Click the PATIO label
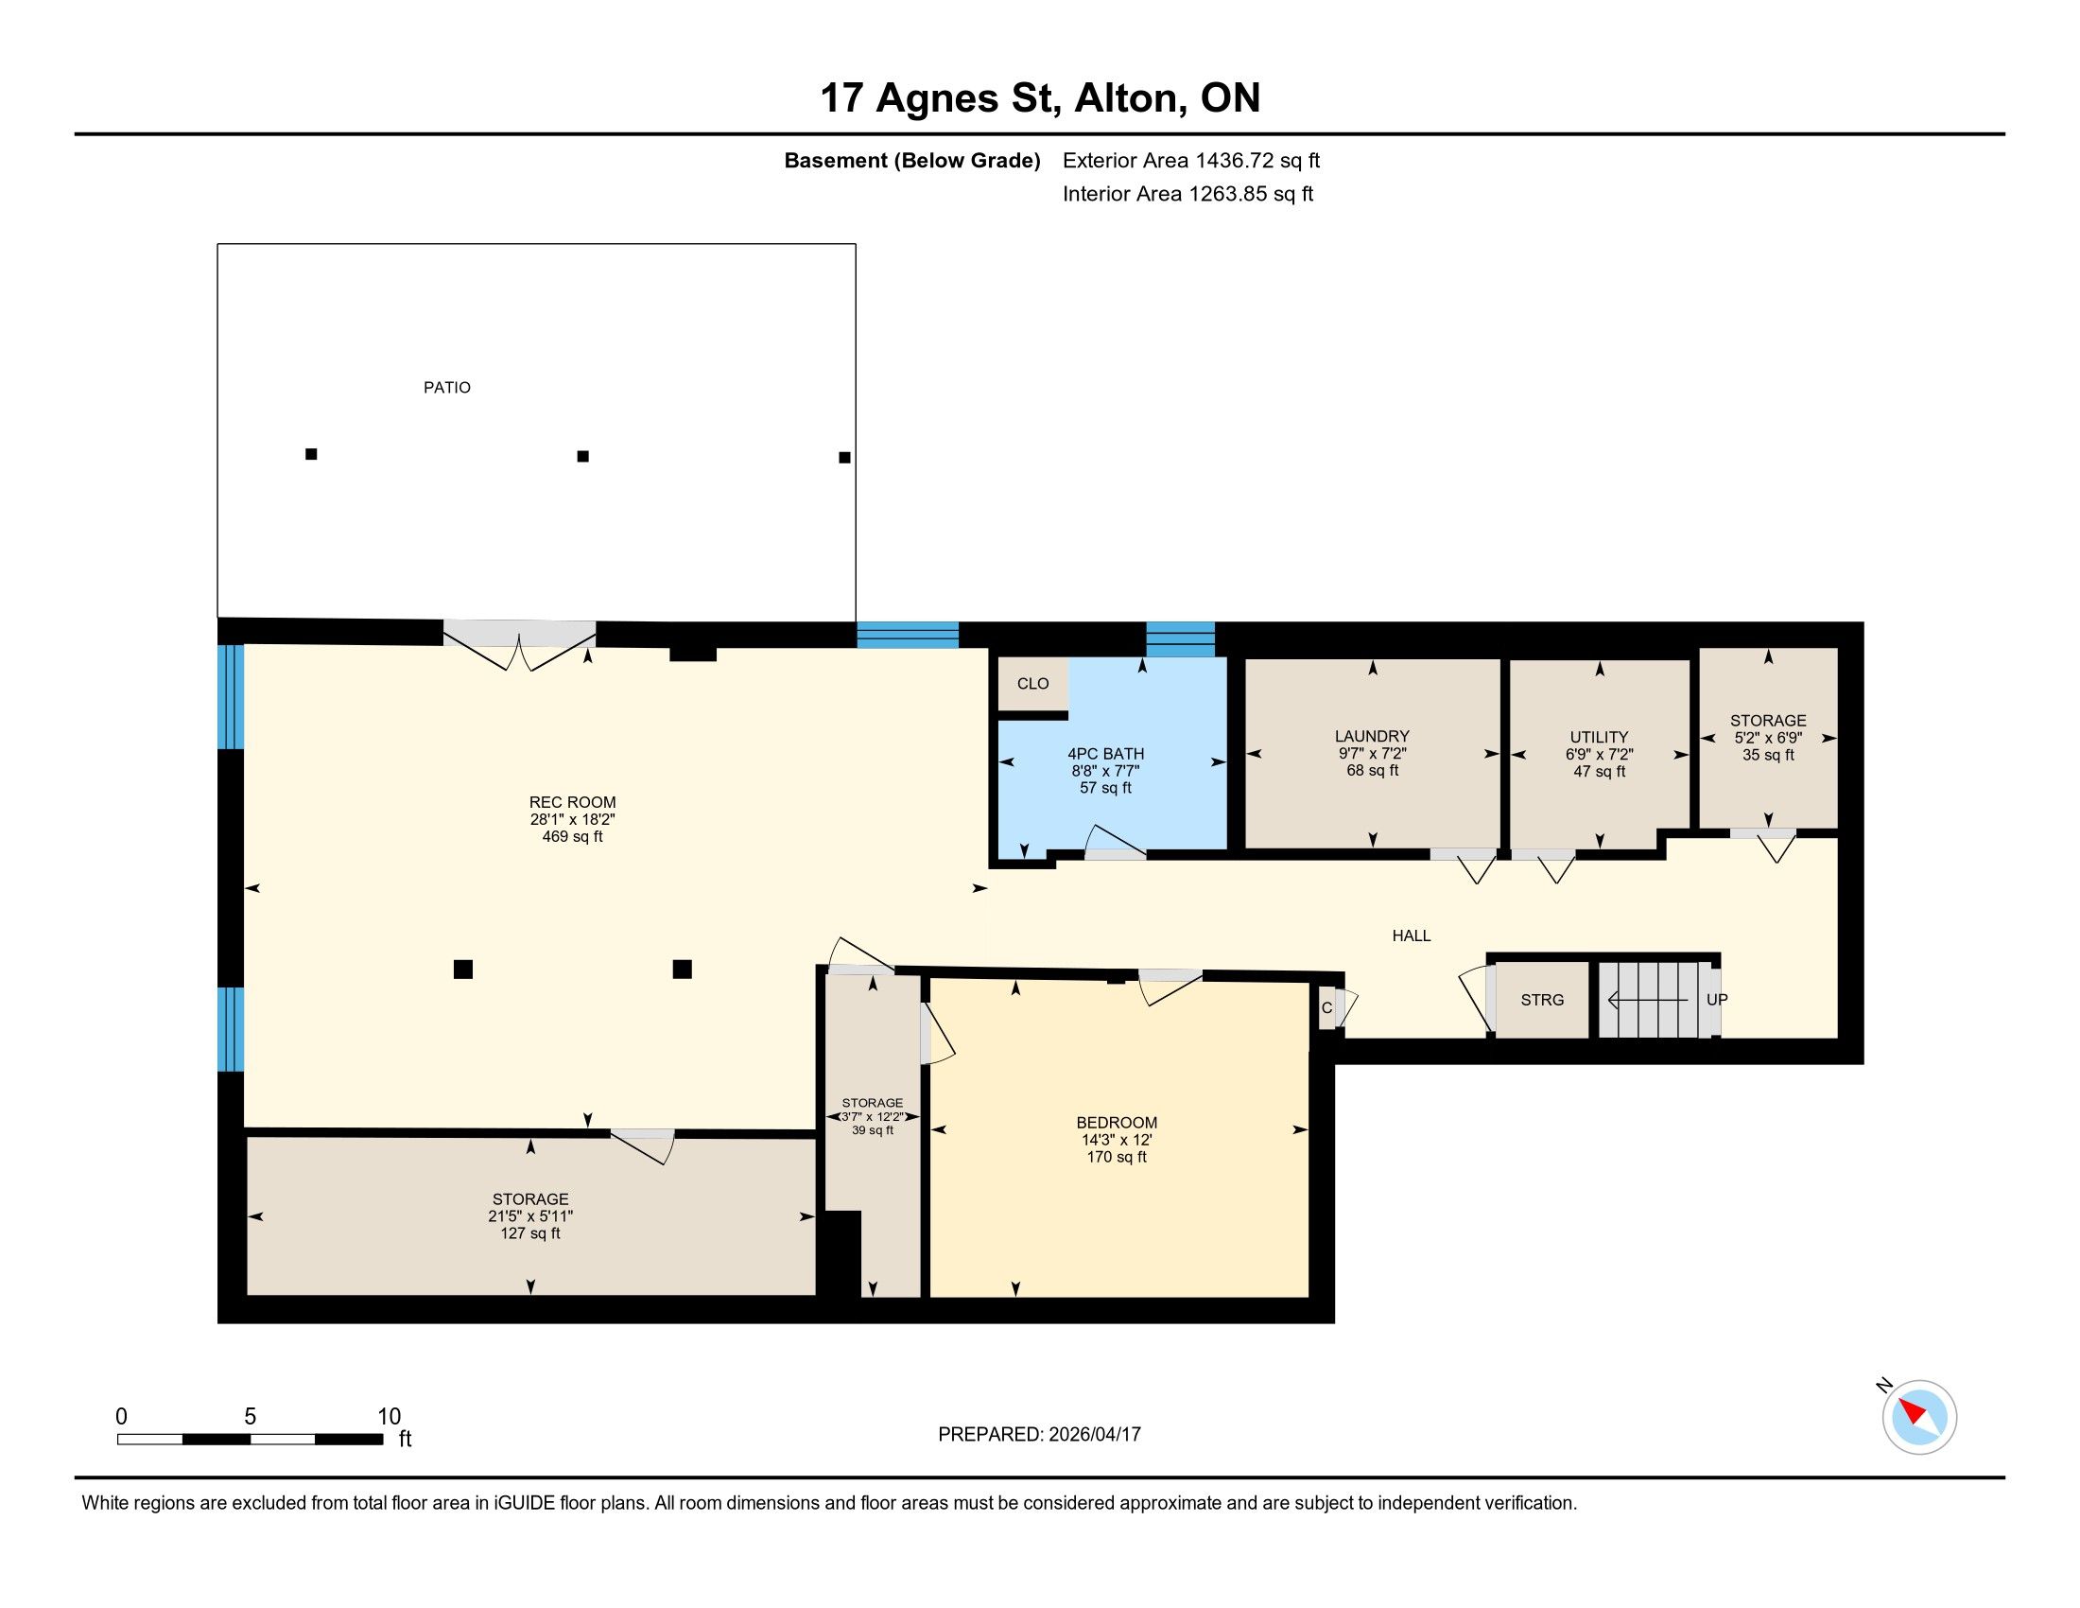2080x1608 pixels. tap(446, 388)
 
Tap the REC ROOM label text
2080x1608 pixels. tap(572, 802)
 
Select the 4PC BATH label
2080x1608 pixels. tap(1106, 754)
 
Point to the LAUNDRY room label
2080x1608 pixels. tap(1372, 736)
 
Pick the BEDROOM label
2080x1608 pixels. tap(1117, 1123)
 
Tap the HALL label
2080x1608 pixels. tap(1412, 936)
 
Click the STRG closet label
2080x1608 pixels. tap(1542, 1000)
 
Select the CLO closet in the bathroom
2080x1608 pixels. tap(1032, 684)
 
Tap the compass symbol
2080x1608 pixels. tap(1919, 1417)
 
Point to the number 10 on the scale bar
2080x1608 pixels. tap(389, 1417)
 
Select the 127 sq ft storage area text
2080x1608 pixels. tap(530, 1233)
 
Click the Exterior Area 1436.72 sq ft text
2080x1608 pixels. tap(1191, 161)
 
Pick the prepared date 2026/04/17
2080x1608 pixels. tap(1093, 1435)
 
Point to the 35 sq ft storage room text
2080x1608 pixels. tap(1768, 756)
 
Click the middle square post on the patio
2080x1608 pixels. tap(582, 456)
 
